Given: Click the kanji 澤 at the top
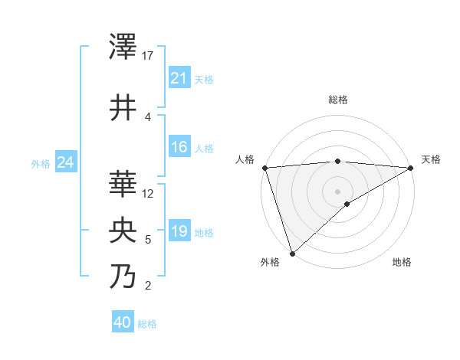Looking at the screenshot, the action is coord(123,47).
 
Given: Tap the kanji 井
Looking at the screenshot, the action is coord(123,108).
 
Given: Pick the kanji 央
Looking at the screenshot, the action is coord(123,231).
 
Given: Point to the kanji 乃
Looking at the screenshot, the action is coord(123,277).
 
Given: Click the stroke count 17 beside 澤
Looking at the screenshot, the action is coord(149,56).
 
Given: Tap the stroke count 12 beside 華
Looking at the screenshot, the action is coord(149,194).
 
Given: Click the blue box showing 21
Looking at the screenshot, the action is coord(179,78).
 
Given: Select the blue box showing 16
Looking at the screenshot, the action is coord(179,147).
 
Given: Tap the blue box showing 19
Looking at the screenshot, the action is coord(179,231).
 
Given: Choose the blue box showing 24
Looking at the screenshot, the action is coord(66,162).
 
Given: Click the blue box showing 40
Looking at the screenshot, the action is coord(123,322).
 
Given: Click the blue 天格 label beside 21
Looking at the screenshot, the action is coord(204,80).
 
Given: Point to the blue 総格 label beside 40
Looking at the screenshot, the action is coord(147,324).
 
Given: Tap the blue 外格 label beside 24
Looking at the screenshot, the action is coord(41,164).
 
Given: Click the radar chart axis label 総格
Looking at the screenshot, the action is coord(337,100).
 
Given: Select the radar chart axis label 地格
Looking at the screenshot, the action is coord(402,263).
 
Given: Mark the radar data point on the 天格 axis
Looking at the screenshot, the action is coord(410,168).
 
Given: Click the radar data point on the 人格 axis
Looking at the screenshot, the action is coord(264,168).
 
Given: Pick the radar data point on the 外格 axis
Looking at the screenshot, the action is coord(292,253).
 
